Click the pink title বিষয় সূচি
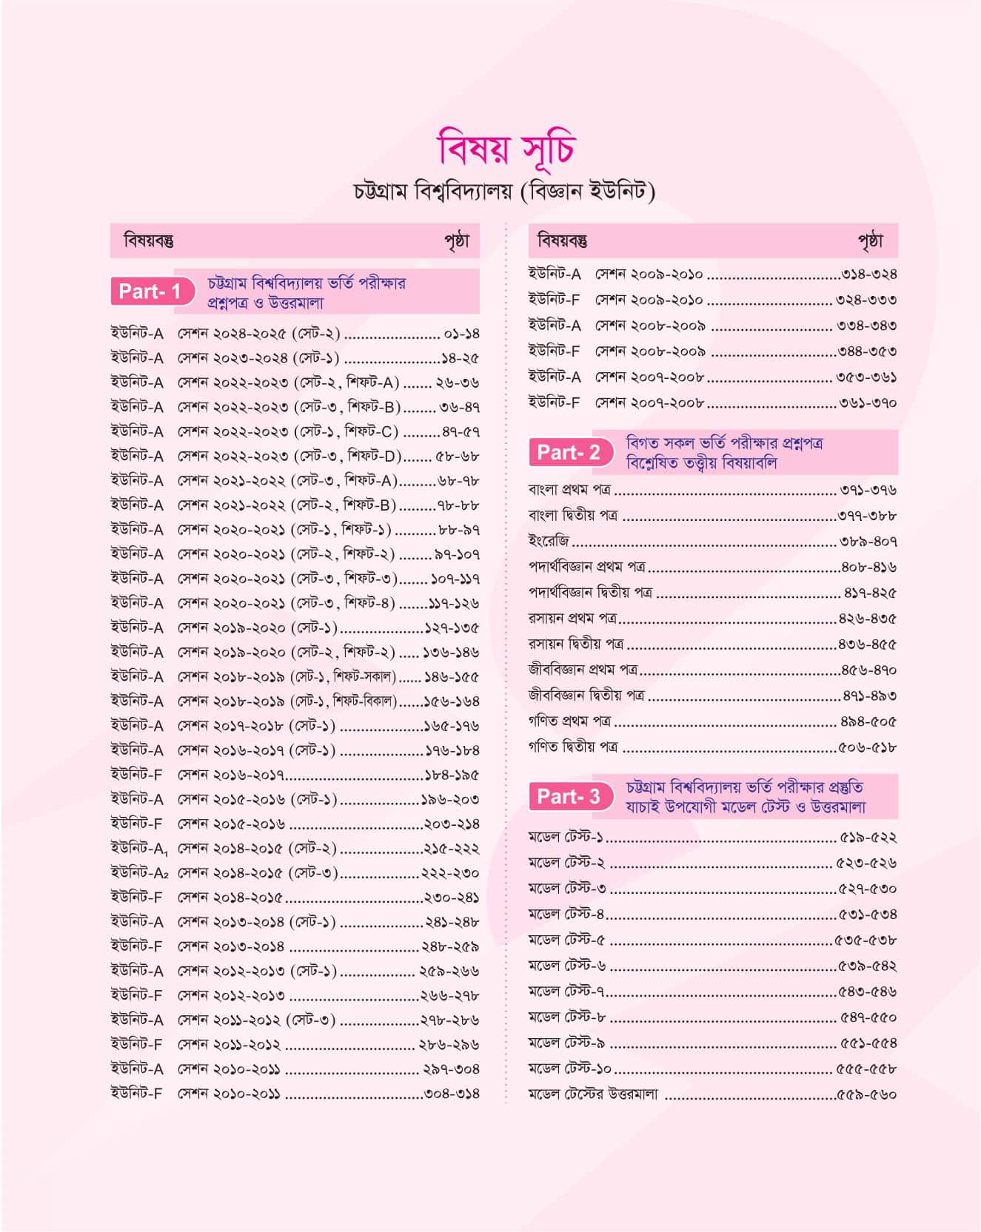[506, 148]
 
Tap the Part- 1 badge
[150, 292]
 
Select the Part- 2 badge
[569, 452]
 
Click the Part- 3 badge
[569, 796]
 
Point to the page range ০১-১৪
[461, 334]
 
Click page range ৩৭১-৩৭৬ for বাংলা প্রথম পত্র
[868, 490]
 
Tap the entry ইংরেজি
[549, 542]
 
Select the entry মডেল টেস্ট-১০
[570, 1068]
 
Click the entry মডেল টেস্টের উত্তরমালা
[593, 1094]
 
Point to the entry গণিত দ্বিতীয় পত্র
[573, 747]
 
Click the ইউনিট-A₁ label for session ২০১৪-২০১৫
[139, 849]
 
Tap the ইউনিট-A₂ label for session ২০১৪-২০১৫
[139, 873]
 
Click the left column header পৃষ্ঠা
[457, 241]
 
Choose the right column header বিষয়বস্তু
[563, 241]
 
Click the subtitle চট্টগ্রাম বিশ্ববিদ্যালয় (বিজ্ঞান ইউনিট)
[505, 192]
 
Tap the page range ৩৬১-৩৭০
[868, 403]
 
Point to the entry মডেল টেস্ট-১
[566, 838]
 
